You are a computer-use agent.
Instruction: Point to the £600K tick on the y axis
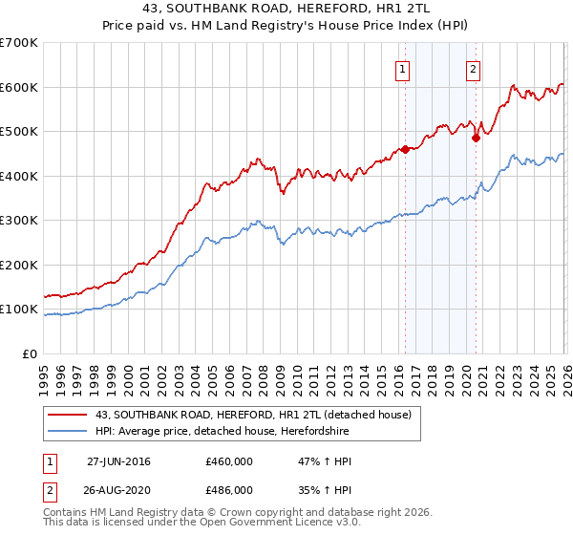[19, 87]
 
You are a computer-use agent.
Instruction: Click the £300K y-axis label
[19, 221]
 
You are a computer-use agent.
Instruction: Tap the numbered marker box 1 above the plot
[403, 69]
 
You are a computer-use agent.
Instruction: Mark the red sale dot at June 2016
[405, 149]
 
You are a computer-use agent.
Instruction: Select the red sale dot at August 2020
[476, 138]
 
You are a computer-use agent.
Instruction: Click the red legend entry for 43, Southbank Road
[253, 415]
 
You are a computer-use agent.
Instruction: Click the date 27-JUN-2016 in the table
[118, 461]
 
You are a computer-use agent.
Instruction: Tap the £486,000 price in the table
[229, 489]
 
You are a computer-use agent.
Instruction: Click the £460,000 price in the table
[229, 461]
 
